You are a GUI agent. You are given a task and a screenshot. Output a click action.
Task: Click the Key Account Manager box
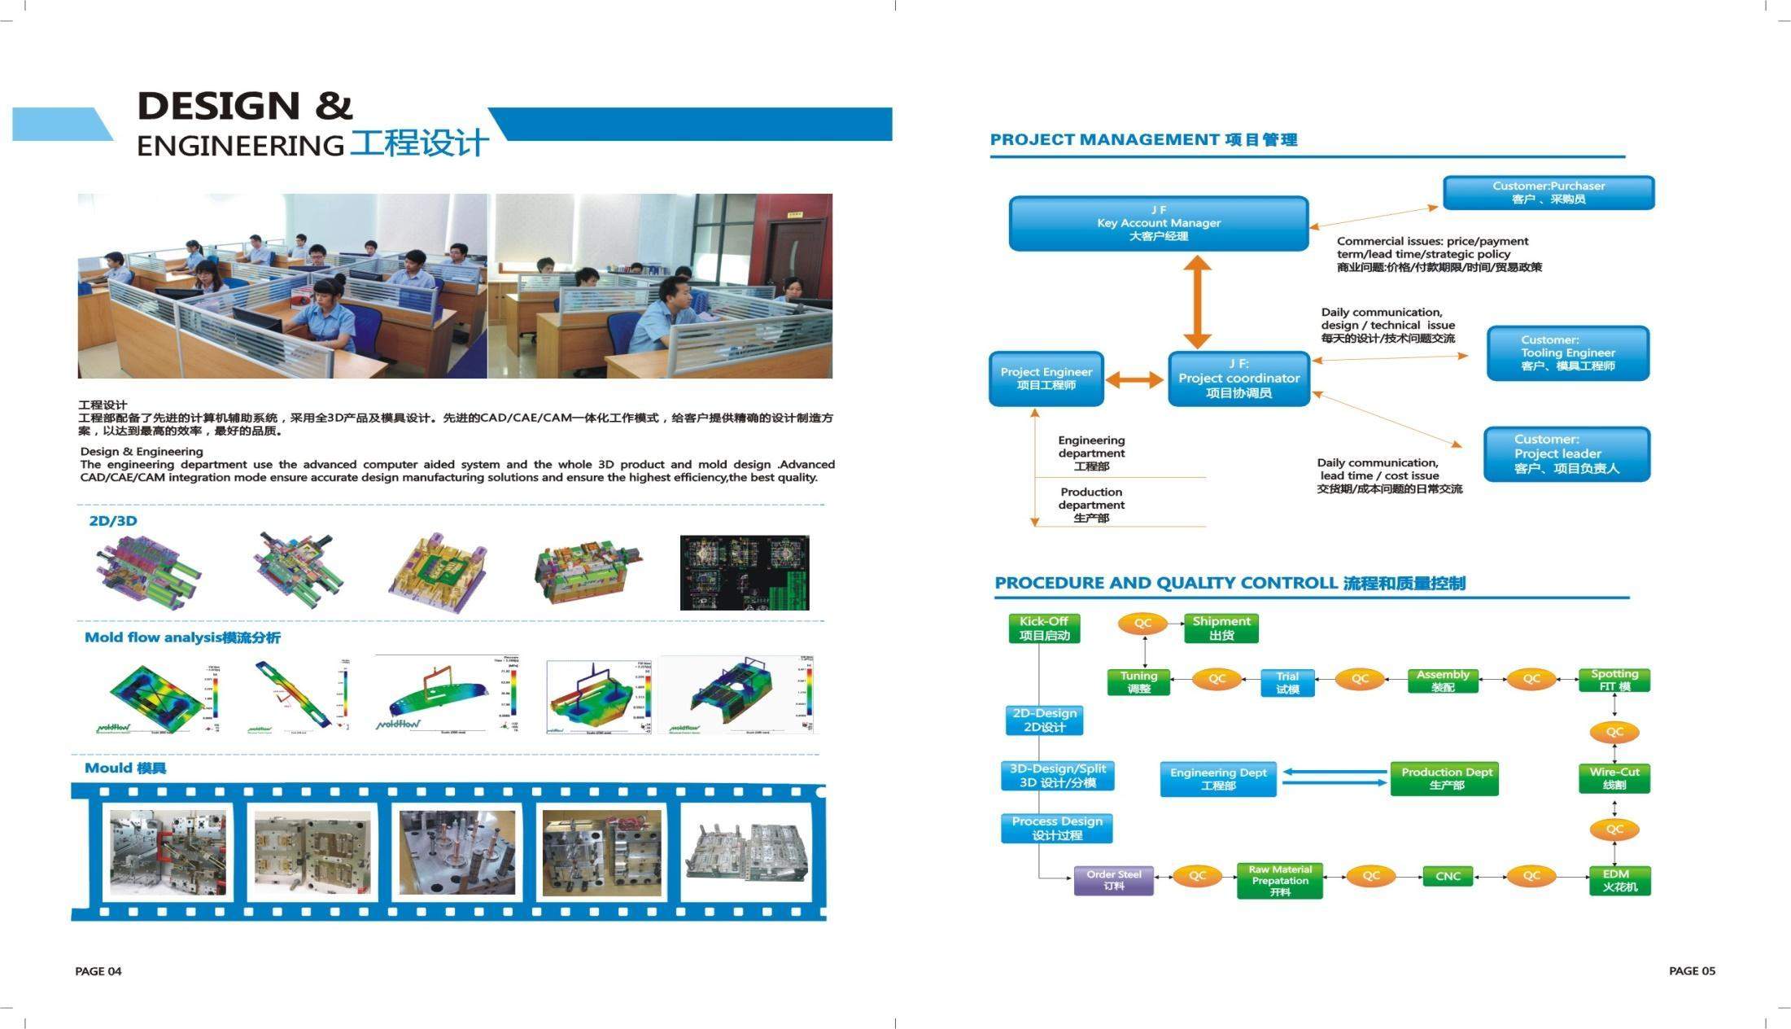point(1158,223)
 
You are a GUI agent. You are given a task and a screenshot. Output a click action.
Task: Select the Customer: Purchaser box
point(1548,193)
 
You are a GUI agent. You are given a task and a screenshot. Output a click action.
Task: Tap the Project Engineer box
point(1046,379)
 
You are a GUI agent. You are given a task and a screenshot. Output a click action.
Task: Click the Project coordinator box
point(1238,379)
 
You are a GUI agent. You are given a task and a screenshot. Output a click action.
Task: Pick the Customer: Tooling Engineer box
point(1567,353)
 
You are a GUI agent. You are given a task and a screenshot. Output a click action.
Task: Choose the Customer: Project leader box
point(1566,454)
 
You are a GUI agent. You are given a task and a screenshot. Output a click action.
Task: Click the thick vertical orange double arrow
point(1197,302)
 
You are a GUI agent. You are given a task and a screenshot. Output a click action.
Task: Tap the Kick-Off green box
point(1044,628)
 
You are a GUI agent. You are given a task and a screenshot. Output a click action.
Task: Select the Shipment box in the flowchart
point(1221,628)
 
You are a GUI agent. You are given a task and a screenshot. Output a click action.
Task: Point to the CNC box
point(1448,877)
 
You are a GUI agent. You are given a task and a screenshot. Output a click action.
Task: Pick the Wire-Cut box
point(1614,778)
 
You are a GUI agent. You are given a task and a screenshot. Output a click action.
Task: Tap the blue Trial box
point(1286,683)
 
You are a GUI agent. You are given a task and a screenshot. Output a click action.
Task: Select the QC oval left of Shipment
point(1142,624)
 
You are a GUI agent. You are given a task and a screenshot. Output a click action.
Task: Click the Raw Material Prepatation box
point(1279,881)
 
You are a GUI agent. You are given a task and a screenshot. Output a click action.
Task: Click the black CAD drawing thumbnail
point(745,572)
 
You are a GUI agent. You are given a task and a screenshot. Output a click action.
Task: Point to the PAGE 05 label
point(1692,970)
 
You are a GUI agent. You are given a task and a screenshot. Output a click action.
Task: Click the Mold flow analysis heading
point(182,637)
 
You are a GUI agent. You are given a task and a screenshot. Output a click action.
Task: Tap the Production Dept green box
point(1446,778)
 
